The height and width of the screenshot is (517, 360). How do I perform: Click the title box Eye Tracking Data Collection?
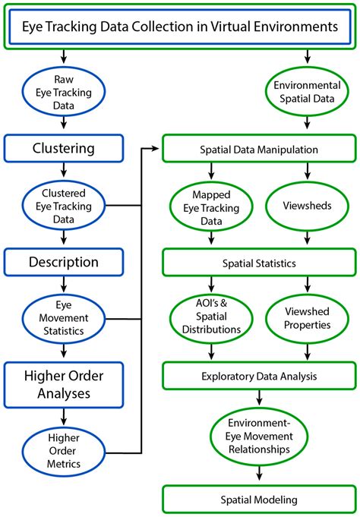[x=180, y=28]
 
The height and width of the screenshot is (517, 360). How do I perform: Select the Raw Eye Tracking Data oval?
[x=64, y=90]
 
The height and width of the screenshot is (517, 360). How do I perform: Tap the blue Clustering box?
[x=64, y=147]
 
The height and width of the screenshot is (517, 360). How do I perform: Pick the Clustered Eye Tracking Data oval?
[x=64, y=204]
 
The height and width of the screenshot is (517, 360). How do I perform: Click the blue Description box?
[x=64, y=263]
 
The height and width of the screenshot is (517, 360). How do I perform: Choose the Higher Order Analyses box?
[x=64, y=383]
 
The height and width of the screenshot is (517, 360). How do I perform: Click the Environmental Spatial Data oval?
[x=307, y=90]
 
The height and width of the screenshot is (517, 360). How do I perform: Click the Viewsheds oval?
[x=307, y=206]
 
